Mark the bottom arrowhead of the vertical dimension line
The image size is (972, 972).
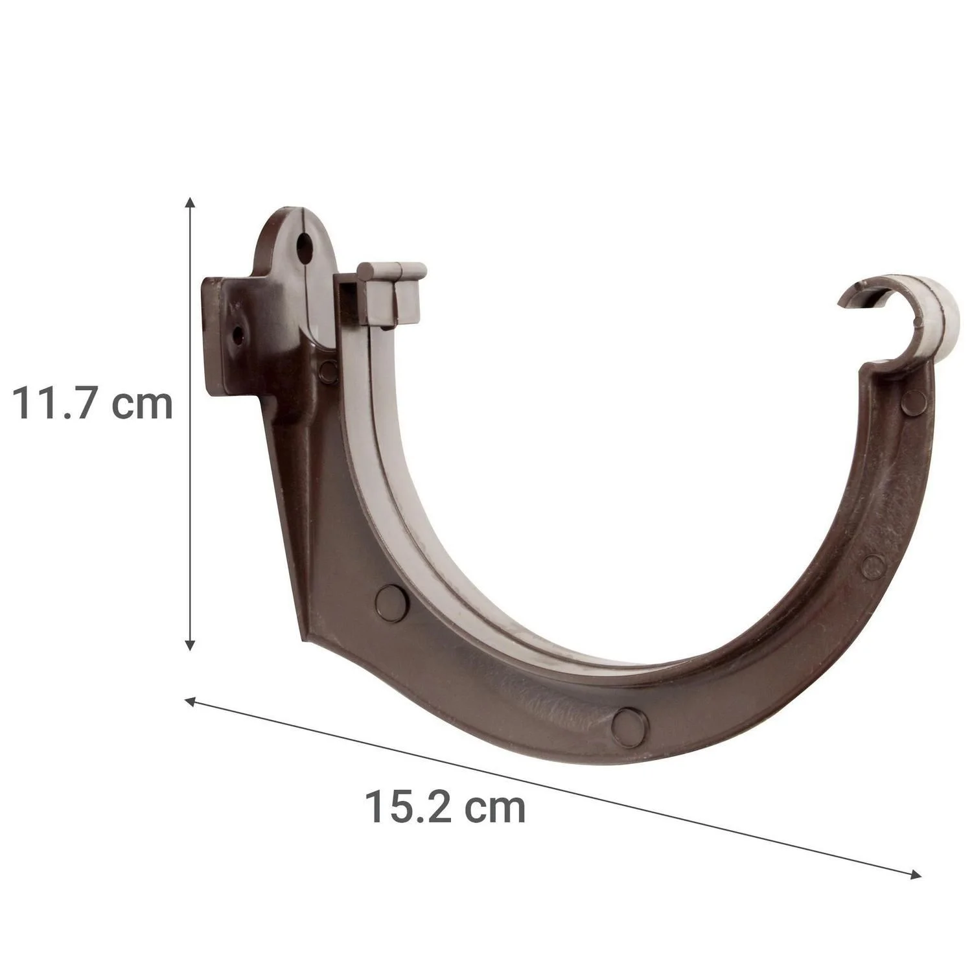[189, 644]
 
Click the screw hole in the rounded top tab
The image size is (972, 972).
[303, 244]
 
